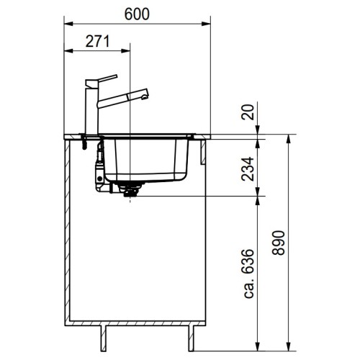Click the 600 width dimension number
pos(137,14)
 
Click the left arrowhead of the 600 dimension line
pos(67,24)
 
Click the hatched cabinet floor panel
pos(137,321)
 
